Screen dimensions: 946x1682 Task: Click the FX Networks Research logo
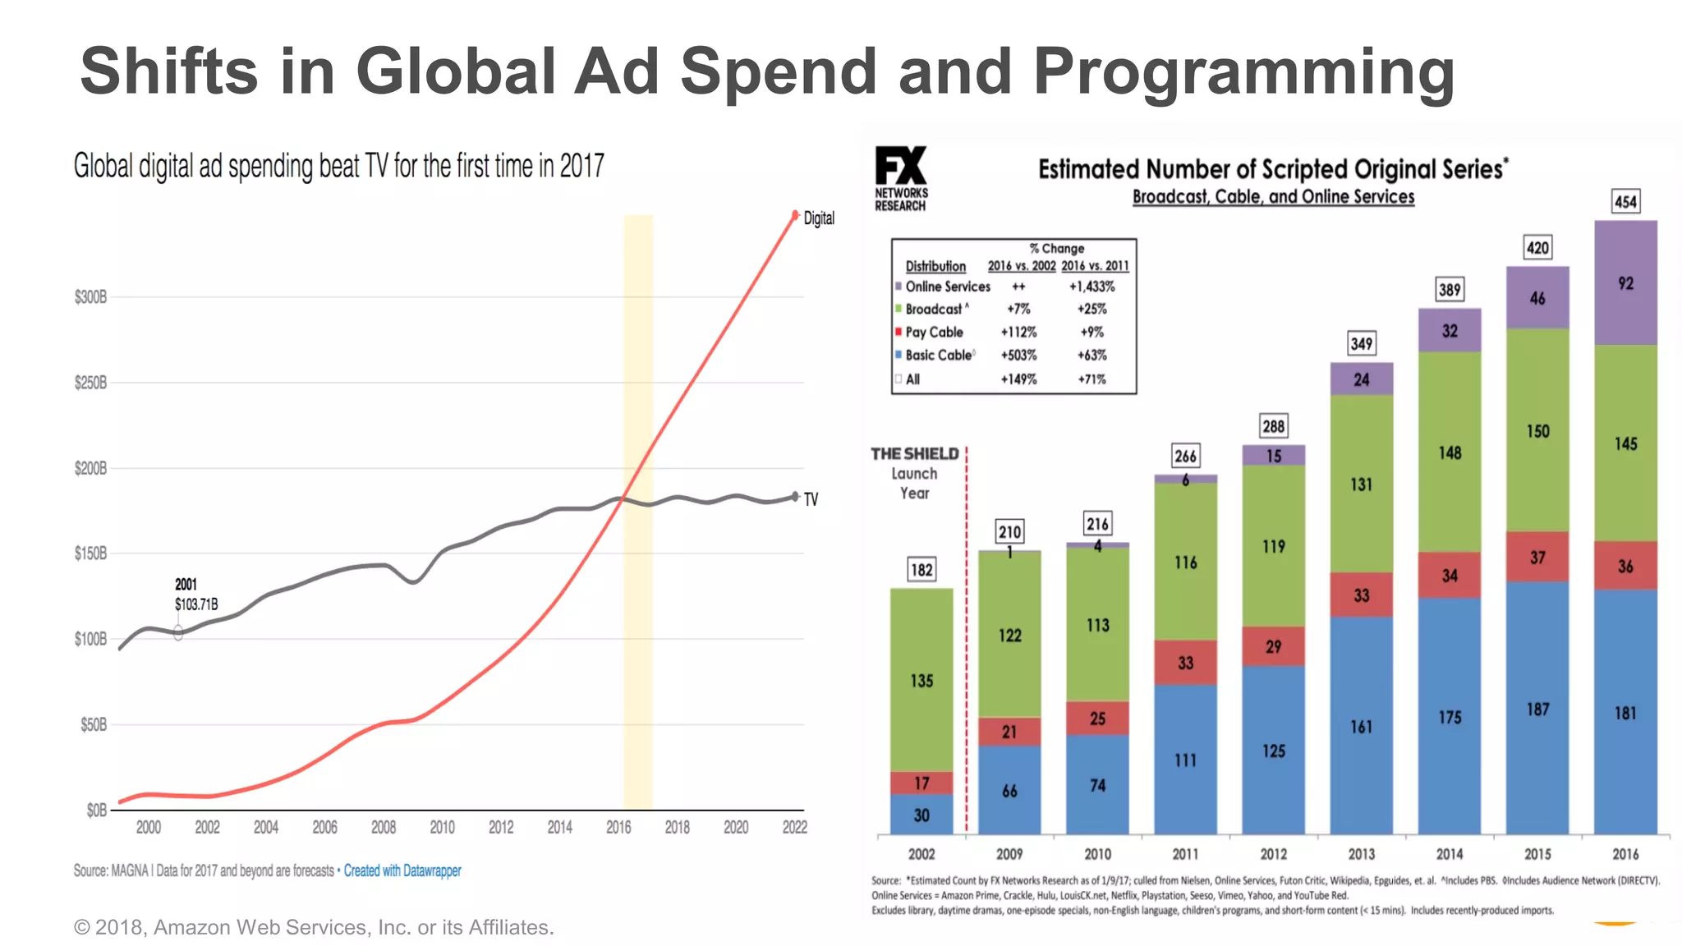901,178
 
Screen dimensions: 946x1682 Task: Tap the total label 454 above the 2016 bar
1625,202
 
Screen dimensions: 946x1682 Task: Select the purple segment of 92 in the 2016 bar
1625,283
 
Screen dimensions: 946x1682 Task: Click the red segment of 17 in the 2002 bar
921,783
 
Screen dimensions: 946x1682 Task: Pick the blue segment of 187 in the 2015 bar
1537,709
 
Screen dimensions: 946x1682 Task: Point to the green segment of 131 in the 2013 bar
1361,484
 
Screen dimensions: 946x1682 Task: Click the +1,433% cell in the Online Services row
1091,287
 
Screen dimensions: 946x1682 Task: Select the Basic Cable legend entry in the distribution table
939,355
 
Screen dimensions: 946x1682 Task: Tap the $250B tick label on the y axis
90,383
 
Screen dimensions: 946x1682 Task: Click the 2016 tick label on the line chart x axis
618,828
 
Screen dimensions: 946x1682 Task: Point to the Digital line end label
818,218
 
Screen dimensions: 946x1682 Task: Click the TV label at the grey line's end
811,499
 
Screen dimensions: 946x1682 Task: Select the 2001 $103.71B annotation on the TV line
195,595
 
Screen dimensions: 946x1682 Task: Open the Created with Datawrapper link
402,870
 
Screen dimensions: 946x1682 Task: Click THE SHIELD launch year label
914,473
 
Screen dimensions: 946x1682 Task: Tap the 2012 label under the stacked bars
1273,854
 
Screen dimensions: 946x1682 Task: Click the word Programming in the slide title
1243,71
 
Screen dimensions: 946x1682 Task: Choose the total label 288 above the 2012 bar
1273,426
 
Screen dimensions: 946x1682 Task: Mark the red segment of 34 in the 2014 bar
1449,575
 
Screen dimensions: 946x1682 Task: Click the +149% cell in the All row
1018,379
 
